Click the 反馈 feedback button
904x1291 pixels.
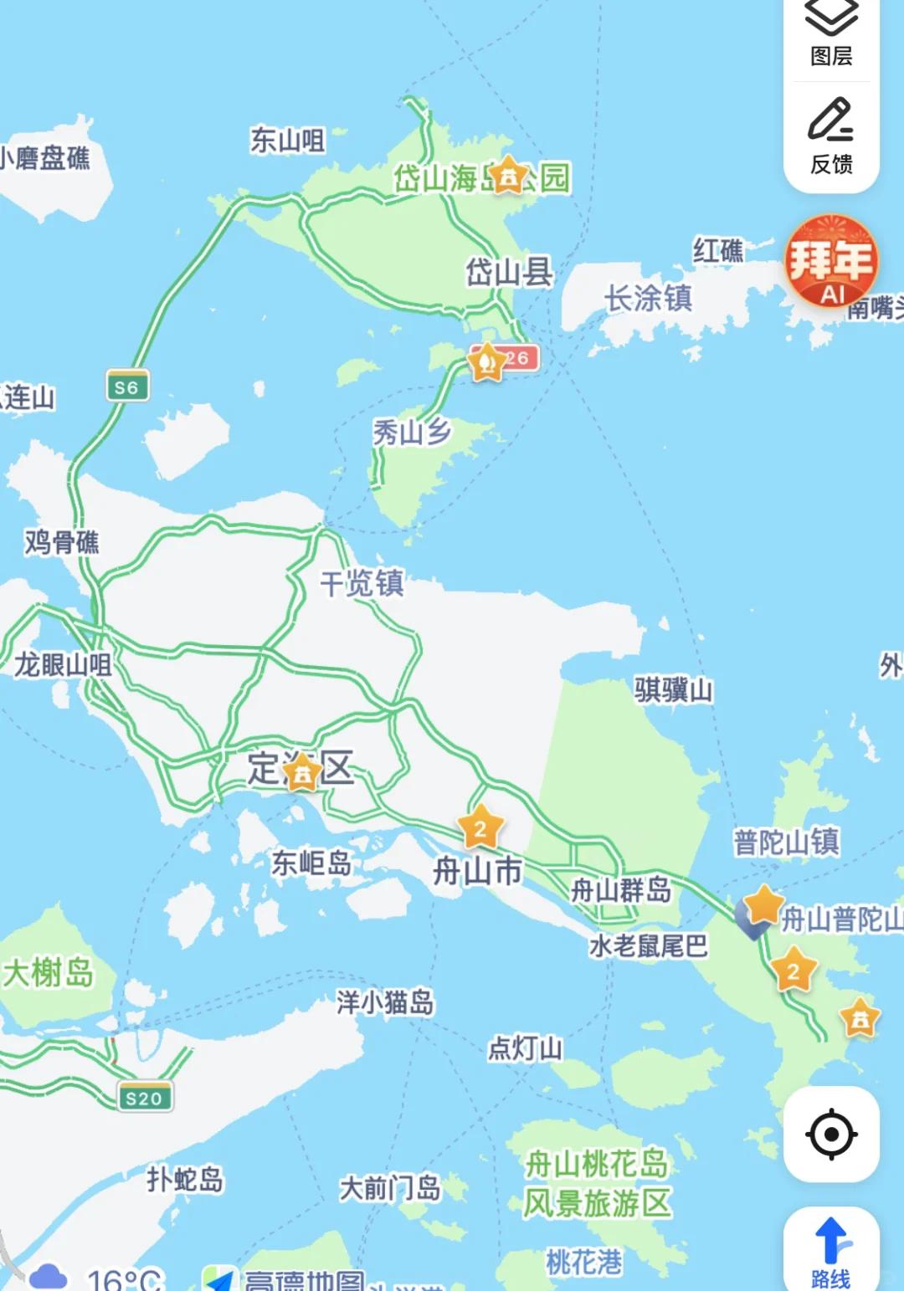[x=831, y=136]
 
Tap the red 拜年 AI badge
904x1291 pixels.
[x=831, y=261]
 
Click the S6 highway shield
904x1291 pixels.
[x=127, y=387]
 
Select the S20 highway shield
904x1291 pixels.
[x=144, y=1098]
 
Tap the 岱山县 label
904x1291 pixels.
[x=509, y=272]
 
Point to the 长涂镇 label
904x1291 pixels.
[x=648, y=298]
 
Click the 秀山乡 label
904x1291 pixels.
[x=412, y=432]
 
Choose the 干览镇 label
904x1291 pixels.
[x=362, y=582]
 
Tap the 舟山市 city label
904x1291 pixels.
[x=477, y=871]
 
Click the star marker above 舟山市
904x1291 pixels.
[x=480, y=827]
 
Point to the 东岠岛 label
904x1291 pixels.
[x=311, y=863]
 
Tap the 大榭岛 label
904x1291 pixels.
[x=49, y=973]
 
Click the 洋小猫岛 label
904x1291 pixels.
[x=385, y=1002]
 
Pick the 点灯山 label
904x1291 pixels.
[x=525, y=1048]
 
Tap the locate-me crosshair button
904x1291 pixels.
[x=831, y=1135]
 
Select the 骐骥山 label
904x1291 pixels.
[x=673, y=690]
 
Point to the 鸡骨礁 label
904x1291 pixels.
[x=62, y=542]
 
